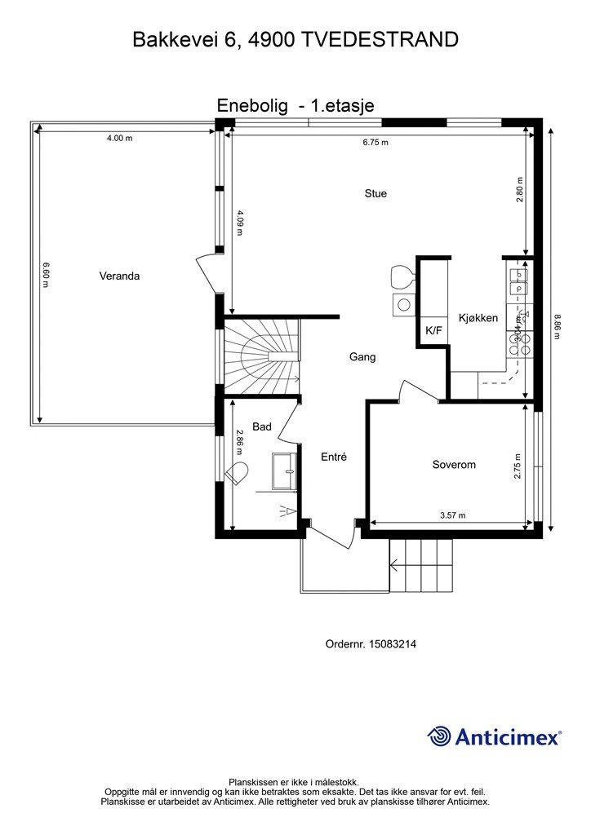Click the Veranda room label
[x=119, y=276]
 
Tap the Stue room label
[x=375, y=193]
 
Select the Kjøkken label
[x=478, y=318]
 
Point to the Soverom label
[x=454, y=464]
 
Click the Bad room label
[x=262, y=426]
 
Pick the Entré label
[x=334, y=457]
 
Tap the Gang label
[x=362, y=357]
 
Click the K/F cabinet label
[x=433, y=331]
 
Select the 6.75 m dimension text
[x=375, y=142]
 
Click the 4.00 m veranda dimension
[x=119, y=138]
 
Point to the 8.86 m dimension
[x=558, y=327]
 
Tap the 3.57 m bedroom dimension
[x=452, y=515]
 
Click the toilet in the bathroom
[x=238, y=472]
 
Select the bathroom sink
[x=285, y=471]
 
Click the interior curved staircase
[x=262, y=356]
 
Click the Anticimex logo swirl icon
[x=440, y=736]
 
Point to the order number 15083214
[x=392, y=644]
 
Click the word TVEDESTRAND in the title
[x=380, y=40]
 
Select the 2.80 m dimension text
[x=520, y=189]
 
